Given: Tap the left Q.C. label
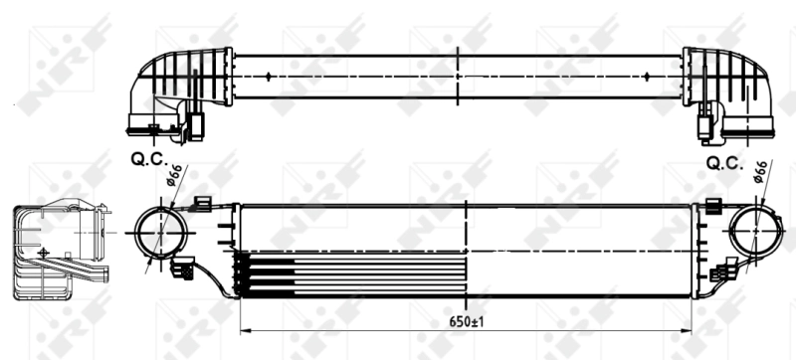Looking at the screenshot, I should [x=149, y=157].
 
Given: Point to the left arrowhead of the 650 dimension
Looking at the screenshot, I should [x=245, y=330].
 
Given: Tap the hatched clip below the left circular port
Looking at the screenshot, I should [x=183, y=267].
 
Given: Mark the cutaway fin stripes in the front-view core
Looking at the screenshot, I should [x=269, y=273].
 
